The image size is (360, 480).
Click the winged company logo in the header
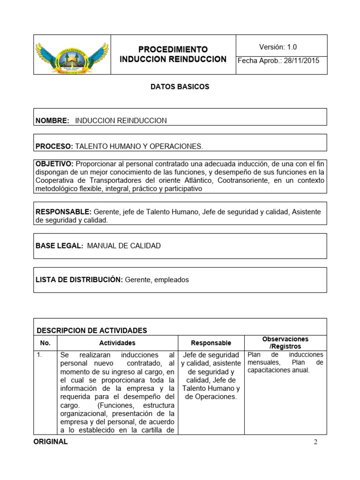72,54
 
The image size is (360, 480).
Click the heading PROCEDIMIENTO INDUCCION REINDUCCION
173,54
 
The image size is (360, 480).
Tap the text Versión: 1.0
277,47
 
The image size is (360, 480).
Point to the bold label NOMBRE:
52,120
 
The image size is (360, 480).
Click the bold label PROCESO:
54,146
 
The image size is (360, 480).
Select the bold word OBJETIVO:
54,164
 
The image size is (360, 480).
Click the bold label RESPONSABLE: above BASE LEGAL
64,212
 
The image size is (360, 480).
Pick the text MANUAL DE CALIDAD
124,246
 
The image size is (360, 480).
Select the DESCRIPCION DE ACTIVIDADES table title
92,330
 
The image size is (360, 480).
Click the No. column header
45,343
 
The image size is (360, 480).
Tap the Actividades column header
117,343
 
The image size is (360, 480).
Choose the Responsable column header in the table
211,343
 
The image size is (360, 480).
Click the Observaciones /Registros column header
285,342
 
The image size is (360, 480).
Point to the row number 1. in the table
39,355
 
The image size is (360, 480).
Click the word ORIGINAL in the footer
51,442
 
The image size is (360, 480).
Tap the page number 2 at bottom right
315,442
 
